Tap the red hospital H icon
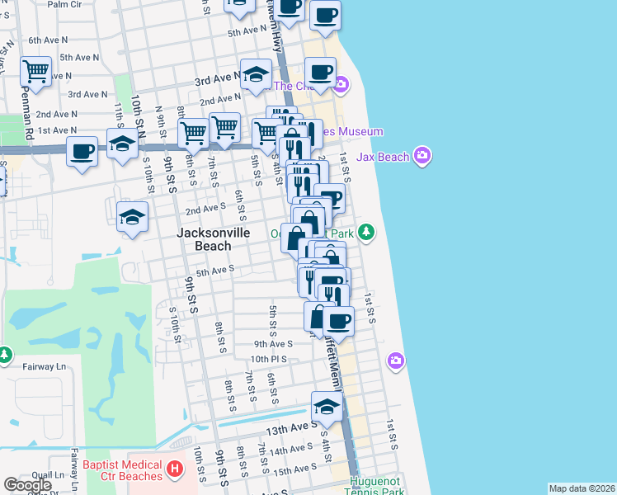175,470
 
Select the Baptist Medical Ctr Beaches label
122,470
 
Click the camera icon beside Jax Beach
423,155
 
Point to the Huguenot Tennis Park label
376,487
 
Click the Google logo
27,485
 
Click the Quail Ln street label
47,475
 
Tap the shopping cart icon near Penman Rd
36,72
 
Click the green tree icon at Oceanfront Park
366,233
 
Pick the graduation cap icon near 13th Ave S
327,407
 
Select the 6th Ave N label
47,40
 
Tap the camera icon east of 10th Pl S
396,360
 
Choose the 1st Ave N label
57,130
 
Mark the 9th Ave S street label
274,343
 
